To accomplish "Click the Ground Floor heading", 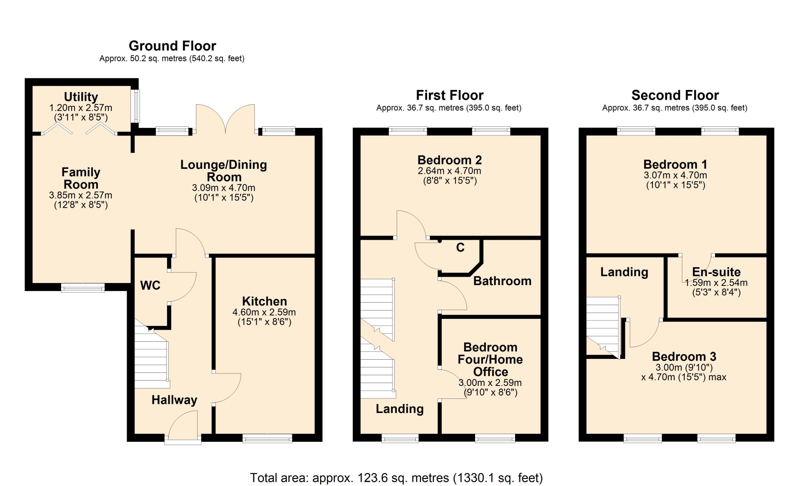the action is point(172,46).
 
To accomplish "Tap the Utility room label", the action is point(81,97).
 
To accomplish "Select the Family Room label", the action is point(81,178).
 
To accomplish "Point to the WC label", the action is point(150,285).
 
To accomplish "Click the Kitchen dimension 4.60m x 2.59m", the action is point(264,312).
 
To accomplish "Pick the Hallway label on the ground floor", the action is point(174,400).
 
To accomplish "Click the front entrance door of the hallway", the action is point(183,425).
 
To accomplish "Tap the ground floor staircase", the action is point(152,354).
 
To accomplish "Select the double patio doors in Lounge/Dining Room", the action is point(225,119).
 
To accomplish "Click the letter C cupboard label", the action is point(460,248).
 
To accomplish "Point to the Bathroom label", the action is point(502,281).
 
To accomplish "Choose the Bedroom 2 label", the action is point(450,160).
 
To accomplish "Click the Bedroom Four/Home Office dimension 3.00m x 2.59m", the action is point(490,383).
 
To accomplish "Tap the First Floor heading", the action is point(450,95).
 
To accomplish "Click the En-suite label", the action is point(716,272).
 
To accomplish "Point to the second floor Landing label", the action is point(624,272).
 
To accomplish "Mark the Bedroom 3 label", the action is point(684,356).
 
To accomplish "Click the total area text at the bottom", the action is point(396,478).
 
